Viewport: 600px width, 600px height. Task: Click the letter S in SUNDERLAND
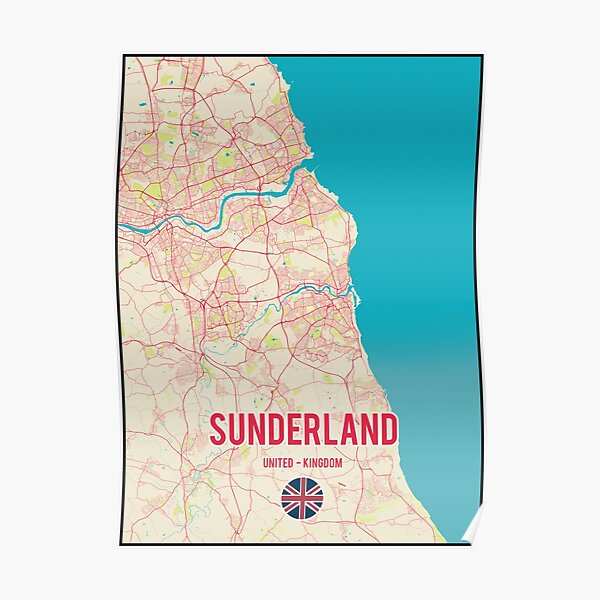(x=219, y=430)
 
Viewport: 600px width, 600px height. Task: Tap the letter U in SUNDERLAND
(x=240, y=430)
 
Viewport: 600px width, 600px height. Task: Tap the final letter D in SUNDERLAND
(x=387, y=430)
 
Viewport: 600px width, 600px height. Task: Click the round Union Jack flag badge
(x=301, y=497)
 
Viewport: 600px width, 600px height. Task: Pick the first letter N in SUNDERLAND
(x=262, y=430)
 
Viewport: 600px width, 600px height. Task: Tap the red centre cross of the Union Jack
(x=301, y=497)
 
